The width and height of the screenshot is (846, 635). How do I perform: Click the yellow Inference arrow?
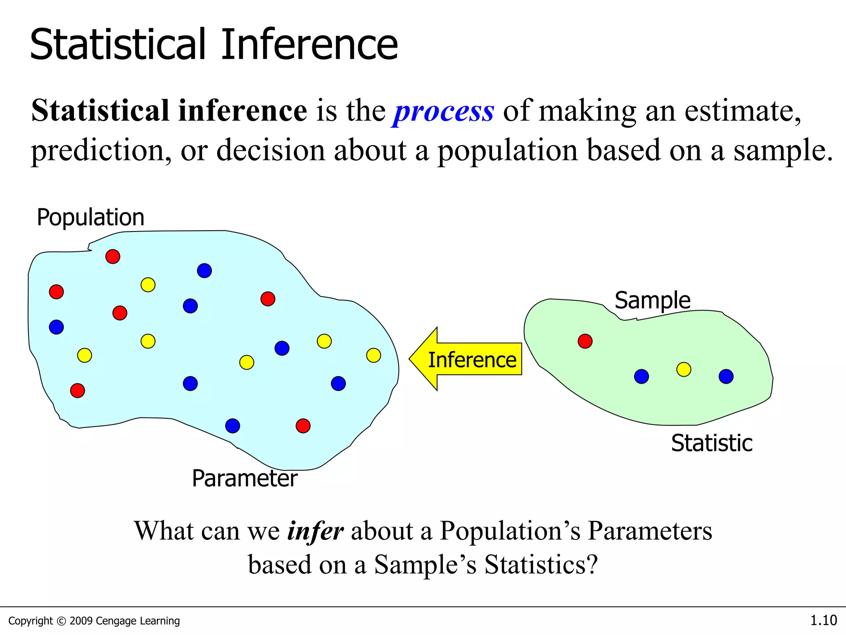pos(467,359)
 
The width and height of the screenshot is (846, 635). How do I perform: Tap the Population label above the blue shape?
pos(90,217)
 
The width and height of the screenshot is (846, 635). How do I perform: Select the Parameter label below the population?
pos(245,478)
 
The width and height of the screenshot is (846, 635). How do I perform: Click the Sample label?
pos(652,301)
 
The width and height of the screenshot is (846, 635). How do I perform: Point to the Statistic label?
pos(711,443)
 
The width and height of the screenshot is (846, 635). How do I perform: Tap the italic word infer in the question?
pos(315,531)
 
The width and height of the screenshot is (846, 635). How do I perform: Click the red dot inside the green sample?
pos(585,341)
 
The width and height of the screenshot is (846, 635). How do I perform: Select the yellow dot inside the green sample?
pos(684,369)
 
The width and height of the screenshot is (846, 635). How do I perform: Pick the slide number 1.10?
pos(823,621)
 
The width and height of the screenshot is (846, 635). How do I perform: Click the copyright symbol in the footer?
pos(61,621)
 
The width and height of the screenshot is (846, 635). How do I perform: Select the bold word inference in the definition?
pos(242,111)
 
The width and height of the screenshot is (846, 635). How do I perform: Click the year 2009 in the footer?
pos(81,621)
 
